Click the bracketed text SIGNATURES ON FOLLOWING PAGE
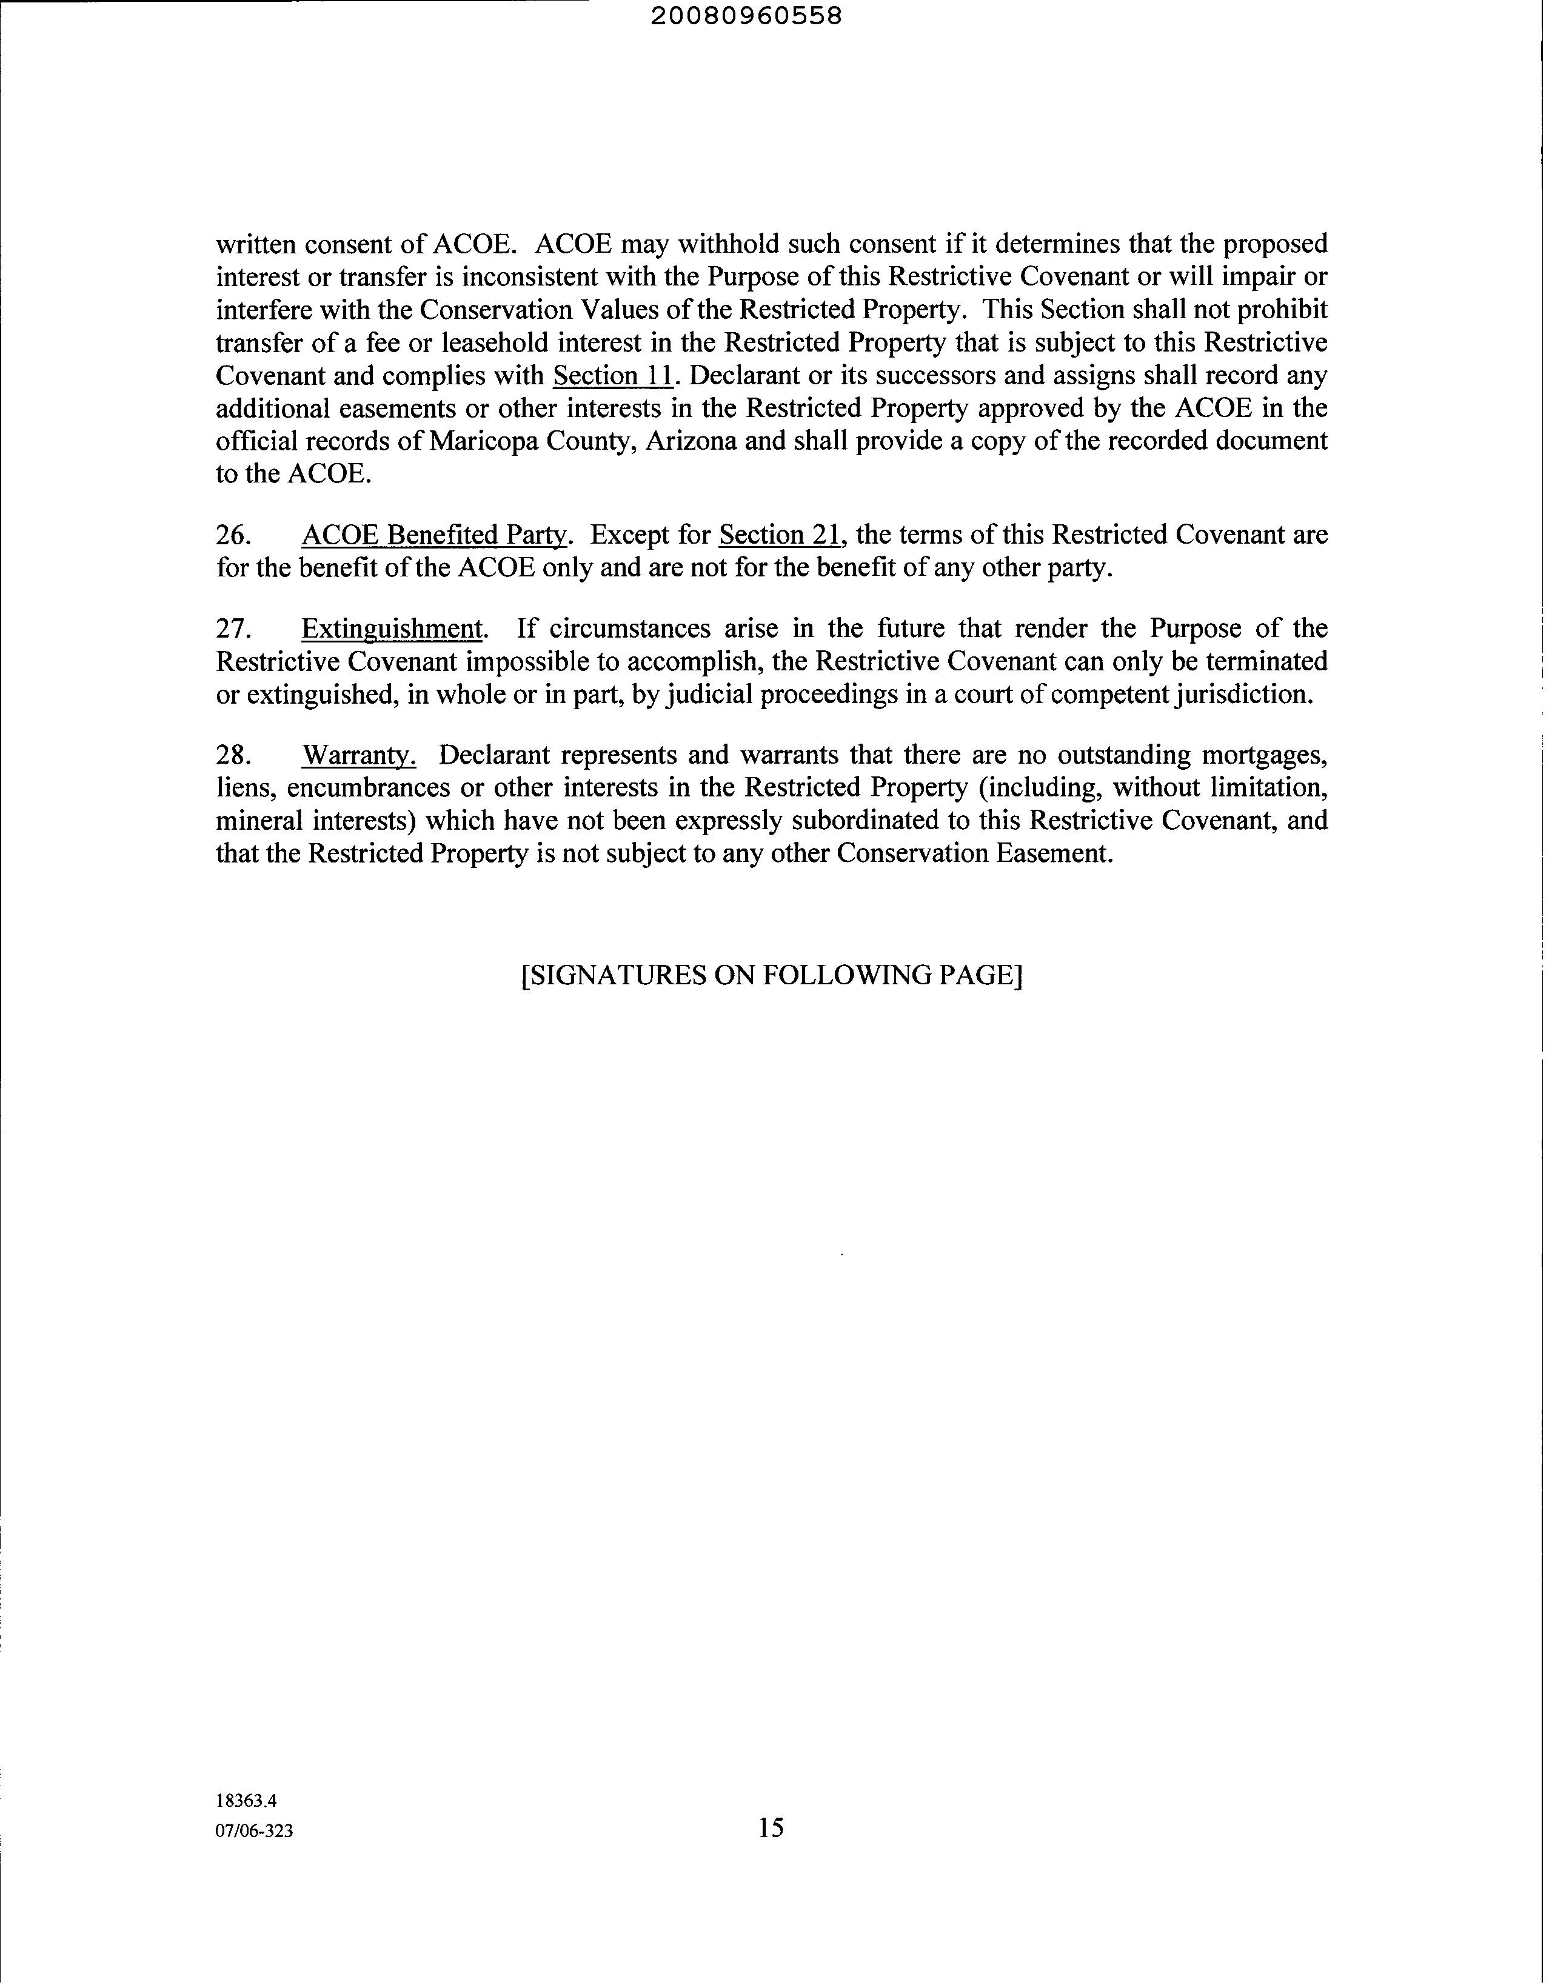pyautogui.click(x=772, y=975)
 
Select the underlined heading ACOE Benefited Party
pyautogui.click(x=434, y=535)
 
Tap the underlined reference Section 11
pyautogui.click(x=612, y=376)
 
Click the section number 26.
pyautogui.click(x=233, y=535)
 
